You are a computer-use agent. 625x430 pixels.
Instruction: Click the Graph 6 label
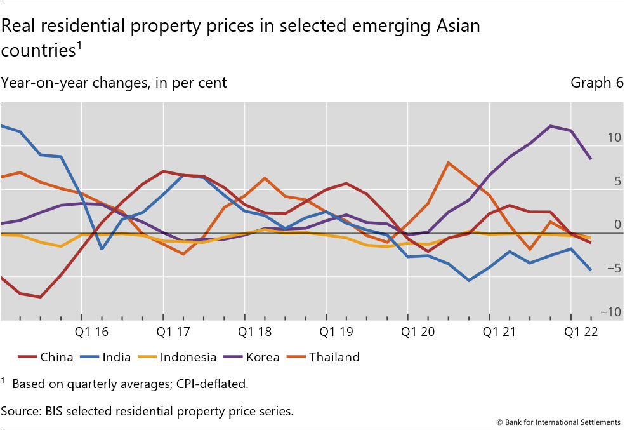click(596, 83)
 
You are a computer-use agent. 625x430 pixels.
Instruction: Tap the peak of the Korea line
click(550, 126)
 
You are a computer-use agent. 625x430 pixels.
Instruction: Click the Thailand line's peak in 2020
click(449, 163)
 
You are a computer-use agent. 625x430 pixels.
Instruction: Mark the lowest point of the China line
click(41, 297)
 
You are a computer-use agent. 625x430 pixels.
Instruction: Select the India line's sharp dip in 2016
click(102, 249)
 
